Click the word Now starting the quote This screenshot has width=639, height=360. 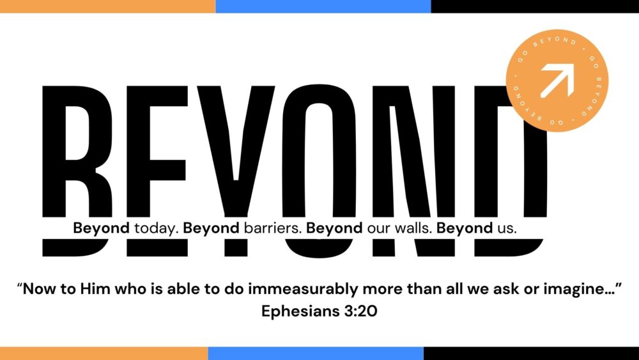point(42,288)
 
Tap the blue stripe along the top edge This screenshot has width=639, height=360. point(323,6)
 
